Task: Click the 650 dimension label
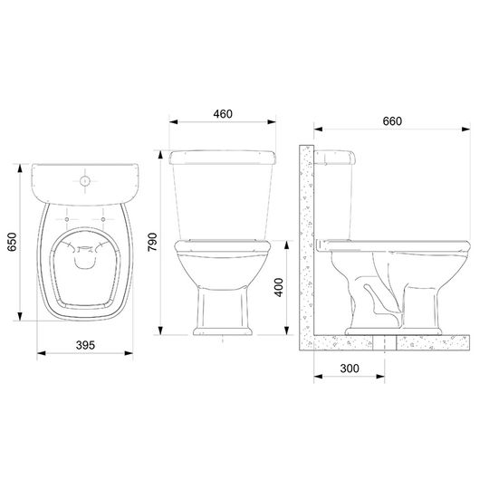pyautogui.click(x=13, y=242)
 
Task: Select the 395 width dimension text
pyautogui.click(x=85, y=345)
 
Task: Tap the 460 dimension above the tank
pyautogui.click(x=223, y=114)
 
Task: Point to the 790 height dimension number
pyautogui.click(x=152, y=242)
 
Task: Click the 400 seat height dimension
pyautogui.click(x=279, y=287)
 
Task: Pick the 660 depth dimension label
pyautogui.click(x=392, y=121)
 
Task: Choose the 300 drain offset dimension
pyautogui.click(x=350, y=369)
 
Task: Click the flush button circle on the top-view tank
pyautogui.click(x=84, y=180)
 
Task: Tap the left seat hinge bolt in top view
pyautogui.click(x=67, y=219)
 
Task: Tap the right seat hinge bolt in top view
pyautogui.click(x=103, y=219)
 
